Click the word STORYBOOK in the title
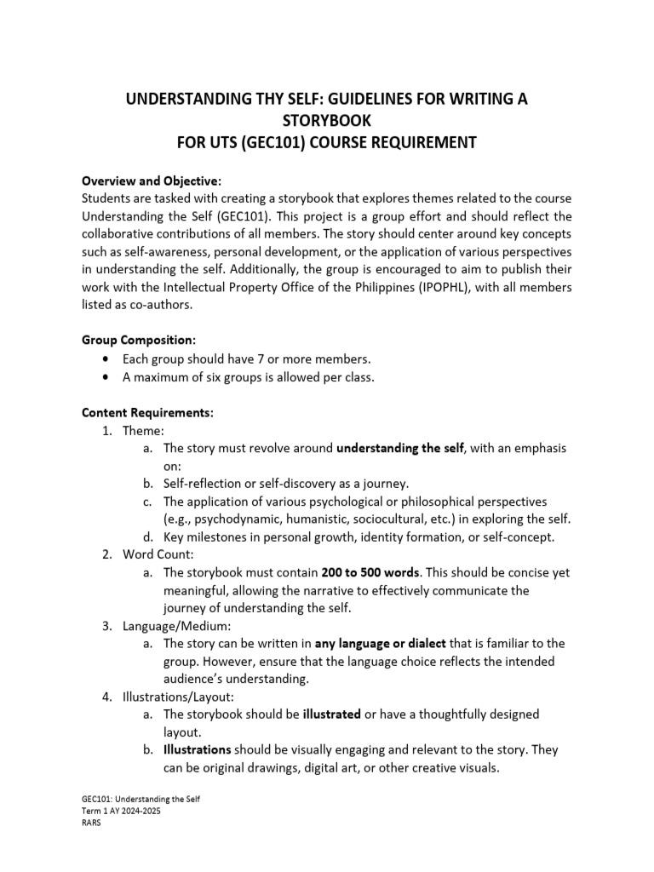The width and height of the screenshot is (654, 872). click(x=326, y=121)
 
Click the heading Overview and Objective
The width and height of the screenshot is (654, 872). click(x=151, y=181)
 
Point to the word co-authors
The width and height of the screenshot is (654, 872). click(x=161, y=304)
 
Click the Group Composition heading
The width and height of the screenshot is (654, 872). click(x=139, y=340)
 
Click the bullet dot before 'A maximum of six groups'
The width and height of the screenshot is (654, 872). click(x=105, y=376)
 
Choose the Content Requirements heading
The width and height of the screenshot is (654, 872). click(x=147, y=412)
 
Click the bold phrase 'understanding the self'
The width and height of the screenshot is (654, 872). click(x=400, y=448)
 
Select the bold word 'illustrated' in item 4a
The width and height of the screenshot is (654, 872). click(x=332, y=714)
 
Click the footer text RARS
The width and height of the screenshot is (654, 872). click(x=91, y=823)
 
